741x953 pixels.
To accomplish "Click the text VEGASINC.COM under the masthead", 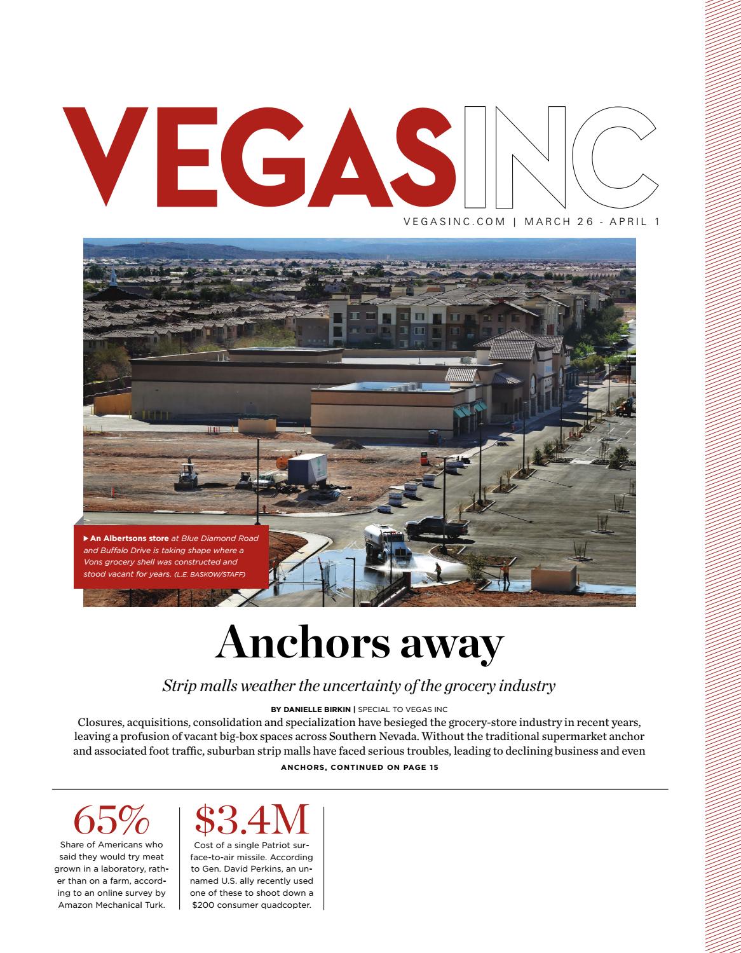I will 454,222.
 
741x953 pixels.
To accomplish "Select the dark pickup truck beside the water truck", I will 437,526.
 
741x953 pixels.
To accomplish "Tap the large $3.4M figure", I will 252,820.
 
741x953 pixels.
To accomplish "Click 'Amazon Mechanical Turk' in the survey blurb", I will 111,905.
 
